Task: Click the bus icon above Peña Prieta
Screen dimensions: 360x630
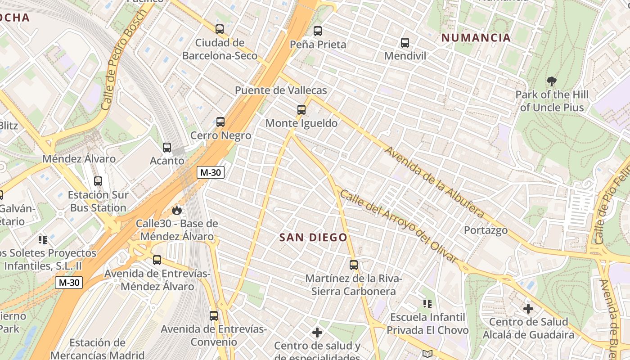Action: [x=318, y=31]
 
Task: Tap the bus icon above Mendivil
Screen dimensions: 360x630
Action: [x=405, y=43]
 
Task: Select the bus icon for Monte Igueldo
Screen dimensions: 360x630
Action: [x=301, y=109]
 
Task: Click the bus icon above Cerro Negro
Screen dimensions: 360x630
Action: [x=220, y=122]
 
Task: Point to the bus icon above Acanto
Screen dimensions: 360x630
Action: [x=167, y=147]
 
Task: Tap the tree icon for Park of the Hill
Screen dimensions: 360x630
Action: [x=552, y=81]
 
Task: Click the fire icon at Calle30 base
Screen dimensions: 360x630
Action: [x=177, y=210]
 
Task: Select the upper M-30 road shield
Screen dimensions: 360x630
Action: [x=210, y=172]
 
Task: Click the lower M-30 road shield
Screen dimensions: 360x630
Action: [x=69, y=283]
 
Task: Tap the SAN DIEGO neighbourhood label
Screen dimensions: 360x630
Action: [x=314, y=238]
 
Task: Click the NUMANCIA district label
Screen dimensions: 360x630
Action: [x=476, y=38]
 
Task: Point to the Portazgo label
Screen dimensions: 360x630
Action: [x=486, y=230]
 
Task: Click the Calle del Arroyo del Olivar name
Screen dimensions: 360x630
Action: [x=399, y=226]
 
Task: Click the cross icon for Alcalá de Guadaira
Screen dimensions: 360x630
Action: [x=528, y=309]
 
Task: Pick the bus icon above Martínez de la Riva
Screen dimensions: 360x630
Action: [x=354, y=265]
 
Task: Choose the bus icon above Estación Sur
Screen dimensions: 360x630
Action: [x=98, y=181]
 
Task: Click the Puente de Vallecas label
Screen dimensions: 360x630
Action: [x=281, y=90]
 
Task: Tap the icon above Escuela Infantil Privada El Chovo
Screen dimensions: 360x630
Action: [x=427, y=304]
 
